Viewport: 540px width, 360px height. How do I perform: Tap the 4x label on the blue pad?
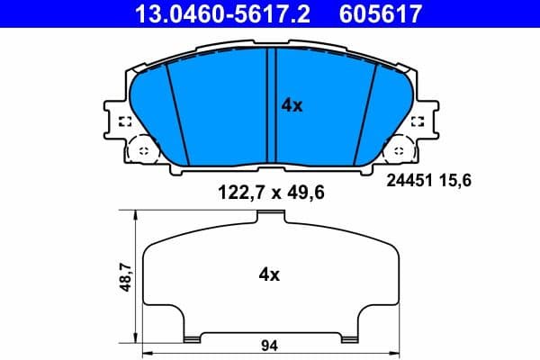click(292, 105)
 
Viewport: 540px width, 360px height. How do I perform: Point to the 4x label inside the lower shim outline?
click(268, 274)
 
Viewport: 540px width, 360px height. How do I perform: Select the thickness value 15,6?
click(455, 180)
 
